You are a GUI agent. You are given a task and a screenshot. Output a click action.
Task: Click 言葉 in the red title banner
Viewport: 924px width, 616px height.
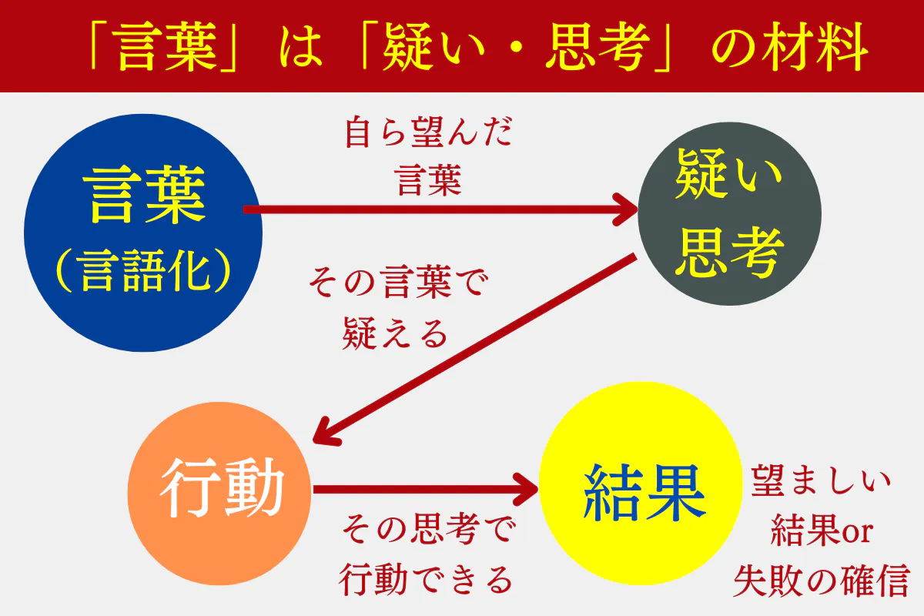167,47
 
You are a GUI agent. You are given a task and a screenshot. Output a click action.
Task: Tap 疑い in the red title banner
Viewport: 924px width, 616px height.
433,47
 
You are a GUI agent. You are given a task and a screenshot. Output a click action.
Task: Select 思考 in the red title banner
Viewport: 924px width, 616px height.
598,47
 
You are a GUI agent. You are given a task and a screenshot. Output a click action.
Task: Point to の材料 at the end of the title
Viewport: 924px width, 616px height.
789,47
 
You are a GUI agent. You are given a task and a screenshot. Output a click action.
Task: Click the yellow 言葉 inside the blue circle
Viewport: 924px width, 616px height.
144,194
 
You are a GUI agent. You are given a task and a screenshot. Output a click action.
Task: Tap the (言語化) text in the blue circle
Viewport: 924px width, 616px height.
143,270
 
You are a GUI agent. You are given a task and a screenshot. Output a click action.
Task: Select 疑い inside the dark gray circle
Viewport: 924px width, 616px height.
729,173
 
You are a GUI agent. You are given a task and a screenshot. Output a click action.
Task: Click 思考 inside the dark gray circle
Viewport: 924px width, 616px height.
730,252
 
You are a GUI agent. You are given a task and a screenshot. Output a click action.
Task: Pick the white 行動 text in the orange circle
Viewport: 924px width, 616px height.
222,487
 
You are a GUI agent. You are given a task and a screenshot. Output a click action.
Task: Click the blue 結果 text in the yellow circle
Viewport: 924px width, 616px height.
644,492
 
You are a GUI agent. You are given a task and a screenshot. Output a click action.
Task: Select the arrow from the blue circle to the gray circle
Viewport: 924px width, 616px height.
440,209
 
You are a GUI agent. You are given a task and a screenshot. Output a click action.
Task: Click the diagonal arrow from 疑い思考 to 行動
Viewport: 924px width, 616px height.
474,350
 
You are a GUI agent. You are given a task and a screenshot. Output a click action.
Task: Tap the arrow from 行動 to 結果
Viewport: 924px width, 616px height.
426,489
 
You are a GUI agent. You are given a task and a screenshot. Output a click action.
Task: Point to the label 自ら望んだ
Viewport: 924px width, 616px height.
429,132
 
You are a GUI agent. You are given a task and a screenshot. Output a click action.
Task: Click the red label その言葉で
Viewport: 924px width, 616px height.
399,283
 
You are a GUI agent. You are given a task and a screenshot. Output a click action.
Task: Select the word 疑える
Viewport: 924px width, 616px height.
395,333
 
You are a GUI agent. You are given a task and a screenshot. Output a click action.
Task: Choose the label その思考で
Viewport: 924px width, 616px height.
430,529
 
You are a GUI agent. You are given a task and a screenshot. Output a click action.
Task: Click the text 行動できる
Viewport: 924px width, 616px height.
426,579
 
